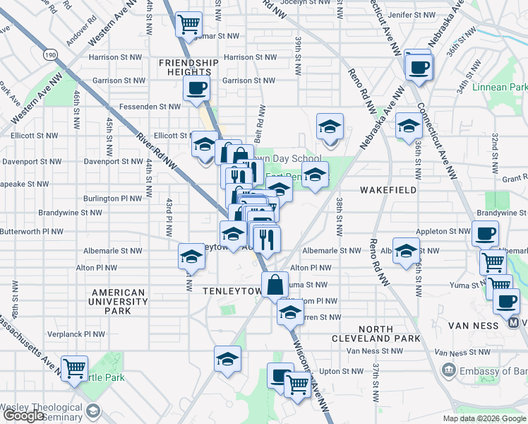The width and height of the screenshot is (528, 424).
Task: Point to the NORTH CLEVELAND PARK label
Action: pyautogui.click(x=376, y=334)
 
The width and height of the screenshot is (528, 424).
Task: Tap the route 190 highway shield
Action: pyautogui.click(x=49, y=54)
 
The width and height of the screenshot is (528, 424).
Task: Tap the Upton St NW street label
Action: pyautogui.click(x=340, y=370)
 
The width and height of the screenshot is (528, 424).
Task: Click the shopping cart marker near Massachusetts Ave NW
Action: pyautogui.click(x=74, y=368)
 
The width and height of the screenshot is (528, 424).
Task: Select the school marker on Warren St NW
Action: pyautogui.click(x=290, y=312)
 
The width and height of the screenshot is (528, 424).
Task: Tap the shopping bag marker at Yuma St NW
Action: pyautogui.click(x=275, y=285)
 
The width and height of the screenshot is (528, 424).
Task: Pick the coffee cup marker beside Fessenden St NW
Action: pyautogui.click(x=196, y=88)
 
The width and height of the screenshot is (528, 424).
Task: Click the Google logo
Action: pyautogui.click(x=25, y=416)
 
